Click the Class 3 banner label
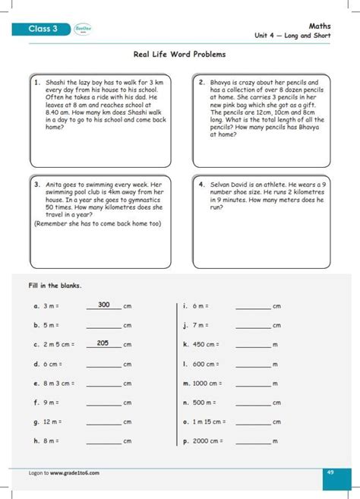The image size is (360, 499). pos(43,30)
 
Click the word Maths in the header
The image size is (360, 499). pos(319,25)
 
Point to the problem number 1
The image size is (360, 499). pos(36,82)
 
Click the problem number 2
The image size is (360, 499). pos(201,82)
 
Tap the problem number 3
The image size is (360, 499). pos(36,184)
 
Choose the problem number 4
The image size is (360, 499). pos(201,184)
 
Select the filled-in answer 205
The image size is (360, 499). pos(103,343)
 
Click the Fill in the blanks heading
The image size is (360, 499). pos(55,286)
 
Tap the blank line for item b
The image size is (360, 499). pos(103,327)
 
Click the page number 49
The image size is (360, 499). pos(330,472)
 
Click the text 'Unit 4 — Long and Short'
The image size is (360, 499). pos(292,36)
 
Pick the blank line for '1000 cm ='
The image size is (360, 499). pos(253,384)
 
